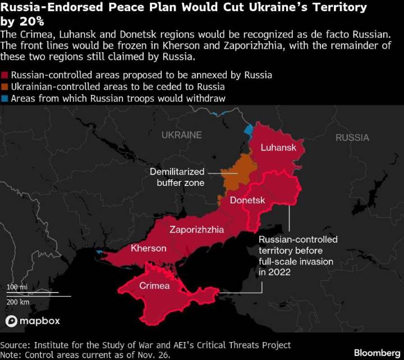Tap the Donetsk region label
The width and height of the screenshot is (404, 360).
pyautogui.click(x=247, y=200)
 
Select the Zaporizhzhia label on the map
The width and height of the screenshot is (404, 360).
pyautogui.click(x=196, y=229)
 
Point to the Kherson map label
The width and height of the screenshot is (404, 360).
pyautogui.click(x=148, y=248)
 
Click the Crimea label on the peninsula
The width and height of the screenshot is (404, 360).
pyautogui.click(x=154, y=285)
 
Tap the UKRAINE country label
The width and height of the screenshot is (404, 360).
pyautogui.click(x=181, y=135)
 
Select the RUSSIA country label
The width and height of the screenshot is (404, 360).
pyautogui.click(x=352, y=138)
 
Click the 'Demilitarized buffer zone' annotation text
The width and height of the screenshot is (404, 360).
pyautogui.click(x=177, y=177)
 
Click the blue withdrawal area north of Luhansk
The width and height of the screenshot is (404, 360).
pyautogui.click(x=248, y=133)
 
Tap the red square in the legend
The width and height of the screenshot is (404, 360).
pyautogui.click(x=4, y=75)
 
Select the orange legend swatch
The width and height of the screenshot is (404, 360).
pyautogui.click(x=4, y=87)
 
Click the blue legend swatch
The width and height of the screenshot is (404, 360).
pyautogui.click(x=4, y=99)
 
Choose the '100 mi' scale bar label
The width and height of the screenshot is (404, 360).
pyautogui.click(x=17, y=287)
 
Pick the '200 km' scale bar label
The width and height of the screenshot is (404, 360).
pyautogui.click(x=18, y=302)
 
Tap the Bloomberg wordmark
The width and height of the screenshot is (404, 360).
pyautogui.click(x=377, y=353)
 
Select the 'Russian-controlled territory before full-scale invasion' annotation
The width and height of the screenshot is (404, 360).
pyautogui.click(x=297, y=256)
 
